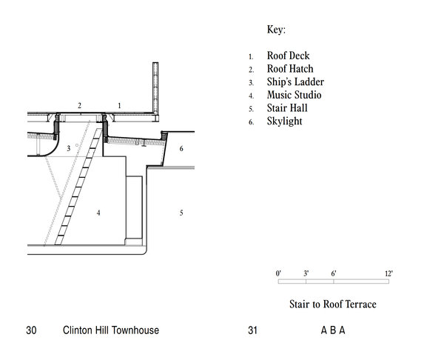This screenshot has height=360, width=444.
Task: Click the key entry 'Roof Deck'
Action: tap(278, 56)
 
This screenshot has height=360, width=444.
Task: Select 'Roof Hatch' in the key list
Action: tap(280, 70)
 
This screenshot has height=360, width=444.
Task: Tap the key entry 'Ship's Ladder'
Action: tap(285, 82)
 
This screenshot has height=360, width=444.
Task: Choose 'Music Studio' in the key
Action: tap(284, 96)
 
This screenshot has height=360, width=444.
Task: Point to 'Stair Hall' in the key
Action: tap(278, 108)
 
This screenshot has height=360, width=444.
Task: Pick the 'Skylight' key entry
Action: tap(275, 121)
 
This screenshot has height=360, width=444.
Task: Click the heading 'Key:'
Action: tap(276, 30)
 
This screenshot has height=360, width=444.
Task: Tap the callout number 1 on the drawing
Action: tap(119, 106)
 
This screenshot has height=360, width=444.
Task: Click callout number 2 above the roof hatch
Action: tap(79, 106)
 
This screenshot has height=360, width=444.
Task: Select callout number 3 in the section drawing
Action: tap(68, 149)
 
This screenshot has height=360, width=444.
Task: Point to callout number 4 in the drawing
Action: tap(98, 213)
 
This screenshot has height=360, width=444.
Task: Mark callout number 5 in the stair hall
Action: tap(181, 213)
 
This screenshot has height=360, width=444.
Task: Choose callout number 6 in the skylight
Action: tap(181, 149)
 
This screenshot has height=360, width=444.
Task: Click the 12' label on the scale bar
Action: tap(388, 273)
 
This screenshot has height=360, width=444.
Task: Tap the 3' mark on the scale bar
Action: tap(306, 273)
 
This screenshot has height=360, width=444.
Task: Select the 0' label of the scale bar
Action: tap(278, 273)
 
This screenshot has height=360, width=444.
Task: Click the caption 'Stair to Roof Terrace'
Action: tap(333, 304)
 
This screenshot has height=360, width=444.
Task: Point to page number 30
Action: tap(31, 330)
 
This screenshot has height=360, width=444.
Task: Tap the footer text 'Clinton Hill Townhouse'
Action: tap(111, 330)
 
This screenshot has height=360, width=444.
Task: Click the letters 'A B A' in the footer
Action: tap(333, 330)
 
